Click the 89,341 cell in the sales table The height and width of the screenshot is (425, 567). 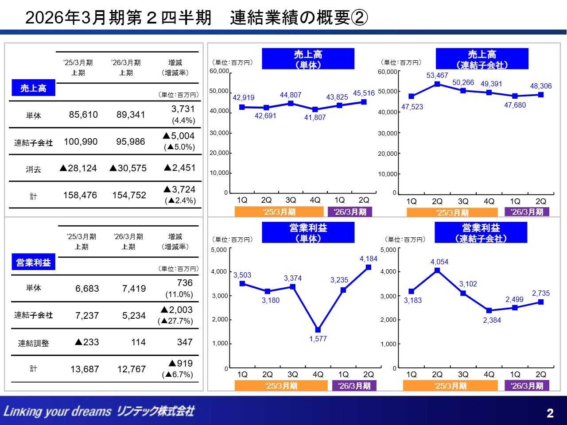tap(131, 115)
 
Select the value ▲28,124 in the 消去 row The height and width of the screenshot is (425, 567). tap(78, 168)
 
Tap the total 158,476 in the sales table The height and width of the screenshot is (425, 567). tap(80, 195)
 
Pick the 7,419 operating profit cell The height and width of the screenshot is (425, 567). tap(134, 289)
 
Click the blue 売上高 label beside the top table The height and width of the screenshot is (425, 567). tap(33, 88)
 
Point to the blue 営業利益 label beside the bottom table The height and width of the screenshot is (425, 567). tap(33, 263)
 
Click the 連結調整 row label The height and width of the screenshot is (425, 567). tap(33, 343)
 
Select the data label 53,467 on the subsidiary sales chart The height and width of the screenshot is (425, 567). tap(437, 76)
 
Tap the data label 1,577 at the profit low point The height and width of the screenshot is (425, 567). tap(318, 339)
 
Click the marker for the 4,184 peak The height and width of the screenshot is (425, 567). tap(369, 267)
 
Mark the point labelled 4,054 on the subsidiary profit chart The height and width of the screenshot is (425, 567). tap(437, 270)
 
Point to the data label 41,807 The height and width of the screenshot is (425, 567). tap(315, 118)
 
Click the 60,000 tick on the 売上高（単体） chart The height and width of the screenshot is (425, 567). tap(219, 71)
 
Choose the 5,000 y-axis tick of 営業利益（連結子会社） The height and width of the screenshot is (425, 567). tap(388, 250)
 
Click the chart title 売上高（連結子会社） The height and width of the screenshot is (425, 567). tap(482, 59)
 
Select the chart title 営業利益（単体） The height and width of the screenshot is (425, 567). tap(308, 233)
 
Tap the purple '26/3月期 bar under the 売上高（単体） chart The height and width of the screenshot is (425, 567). tap(350, 212)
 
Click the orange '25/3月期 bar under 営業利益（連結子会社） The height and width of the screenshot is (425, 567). tap(450, 386)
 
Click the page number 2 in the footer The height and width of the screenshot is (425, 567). tap(550, 413)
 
